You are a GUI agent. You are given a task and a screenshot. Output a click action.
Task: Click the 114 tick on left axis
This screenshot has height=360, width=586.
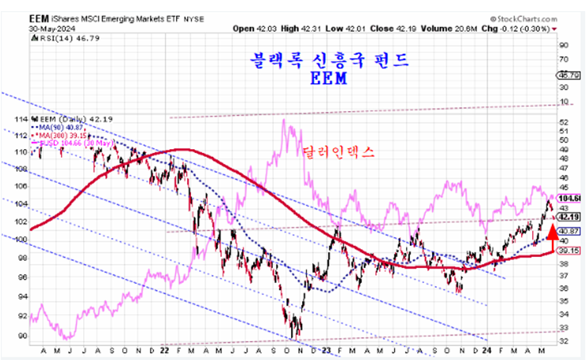pos(21,118)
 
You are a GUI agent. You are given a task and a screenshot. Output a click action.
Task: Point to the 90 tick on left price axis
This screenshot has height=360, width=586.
pos(21,335)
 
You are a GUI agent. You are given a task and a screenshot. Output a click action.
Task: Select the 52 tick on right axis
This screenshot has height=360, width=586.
pos(563,123)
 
